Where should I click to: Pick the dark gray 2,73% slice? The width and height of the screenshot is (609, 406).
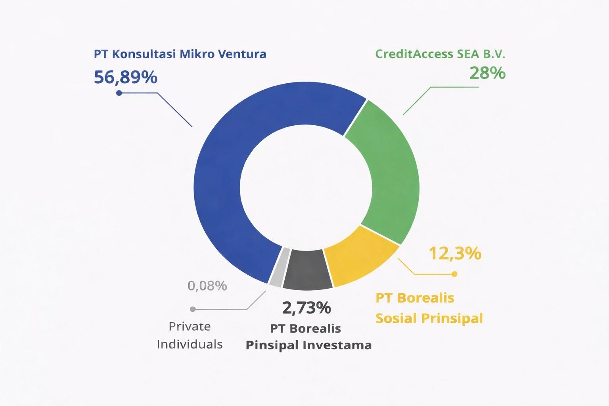(307, 270)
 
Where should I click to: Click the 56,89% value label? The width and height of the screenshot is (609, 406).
(126, 77)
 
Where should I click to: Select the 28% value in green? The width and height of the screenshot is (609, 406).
(487, 73)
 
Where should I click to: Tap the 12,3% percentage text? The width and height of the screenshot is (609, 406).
(455, 253)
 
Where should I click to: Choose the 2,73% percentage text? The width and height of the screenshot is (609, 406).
(306, 307)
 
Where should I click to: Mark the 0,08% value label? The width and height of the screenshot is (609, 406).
(207, 285)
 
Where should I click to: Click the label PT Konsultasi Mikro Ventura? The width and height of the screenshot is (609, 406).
(180, 54)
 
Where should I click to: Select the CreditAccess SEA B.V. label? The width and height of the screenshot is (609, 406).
(440, 54)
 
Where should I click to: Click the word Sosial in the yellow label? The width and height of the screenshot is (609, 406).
(396, 318)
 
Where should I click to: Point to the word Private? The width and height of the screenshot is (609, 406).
(190, 326)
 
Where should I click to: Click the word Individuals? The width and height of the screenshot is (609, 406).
(190, 344)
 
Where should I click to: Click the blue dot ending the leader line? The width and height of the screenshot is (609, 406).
(119, 93)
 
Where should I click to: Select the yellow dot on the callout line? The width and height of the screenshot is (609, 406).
(454, 274)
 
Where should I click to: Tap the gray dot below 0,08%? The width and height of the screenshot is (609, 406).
(193, 309)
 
